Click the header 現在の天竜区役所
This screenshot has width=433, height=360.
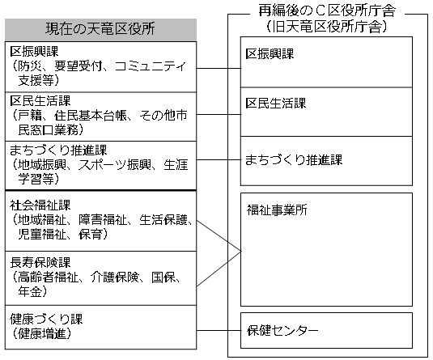100,28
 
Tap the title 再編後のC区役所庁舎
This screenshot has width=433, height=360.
327,11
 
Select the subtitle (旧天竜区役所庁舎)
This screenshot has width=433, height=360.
327,27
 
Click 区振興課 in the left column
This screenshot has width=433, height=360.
34,51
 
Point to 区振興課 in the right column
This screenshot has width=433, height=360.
270,54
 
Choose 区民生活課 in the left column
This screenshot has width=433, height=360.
40,101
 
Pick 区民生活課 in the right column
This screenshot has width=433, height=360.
276,104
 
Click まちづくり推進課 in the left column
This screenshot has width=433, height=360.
58,150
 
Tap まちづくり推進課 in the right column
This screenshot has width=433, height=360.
294,160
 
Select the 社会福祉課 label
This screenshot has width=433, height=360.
40,205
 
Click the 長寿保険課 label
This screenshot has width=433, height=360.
40,262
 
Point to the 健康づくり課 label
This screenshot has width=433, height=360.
46,319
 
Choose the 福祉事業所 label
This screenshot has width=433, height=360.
277,210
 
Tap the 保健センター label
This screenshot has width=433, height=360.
282,330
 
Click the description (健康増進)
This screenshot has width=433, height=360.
41,333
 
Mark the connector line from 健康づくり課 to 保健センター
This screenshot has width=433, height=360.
219,330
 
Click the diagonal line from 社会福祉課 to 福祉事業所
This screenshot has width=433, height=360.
219,236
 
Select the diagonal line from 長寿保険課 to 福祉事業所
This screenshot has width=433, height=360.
219,269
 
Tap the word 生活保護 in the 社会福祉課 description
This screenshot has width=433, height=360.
163,220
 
